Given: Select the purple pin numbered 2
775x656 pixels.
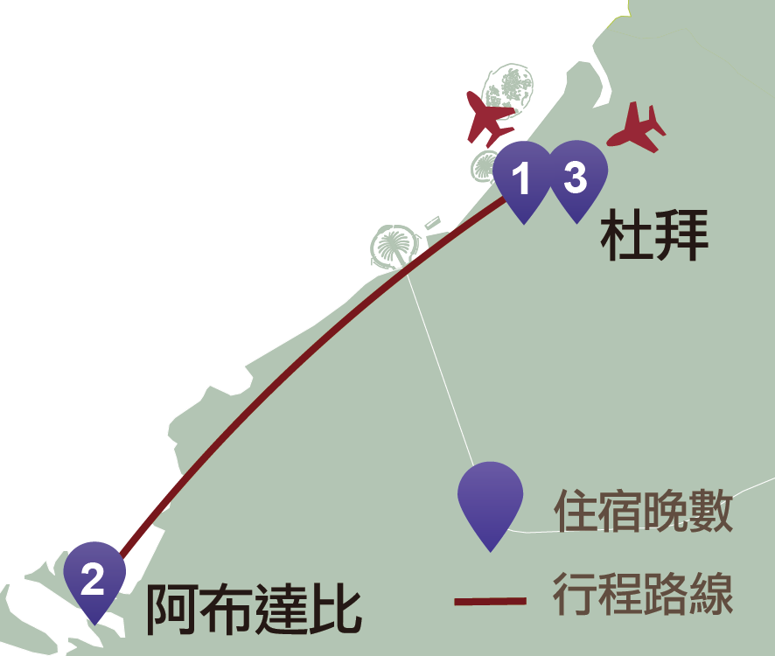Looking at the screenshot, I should pyautogui.click(x=94, y=578).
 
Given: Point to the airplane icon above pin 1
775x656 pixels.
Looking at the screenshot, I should pyautogui.click(x=488, y=115).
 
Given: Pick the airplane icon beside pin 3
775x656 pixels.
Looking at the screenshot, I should pyautogui.click(x=638, y=128).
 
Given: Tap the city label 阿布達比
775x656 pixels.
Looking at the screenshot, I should pyautogui.click(x=253, y=609).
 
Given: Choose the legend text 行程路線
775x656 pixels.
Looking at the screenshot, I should pyautogui.click(x=643, y=595).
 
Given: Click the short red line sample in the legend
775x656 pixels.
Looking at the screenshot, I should pyautogui.click(x=491, y=602).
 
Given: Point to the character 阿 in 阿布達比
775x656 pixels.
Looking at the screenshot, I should pyautogui.click(x=171, y=609).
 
